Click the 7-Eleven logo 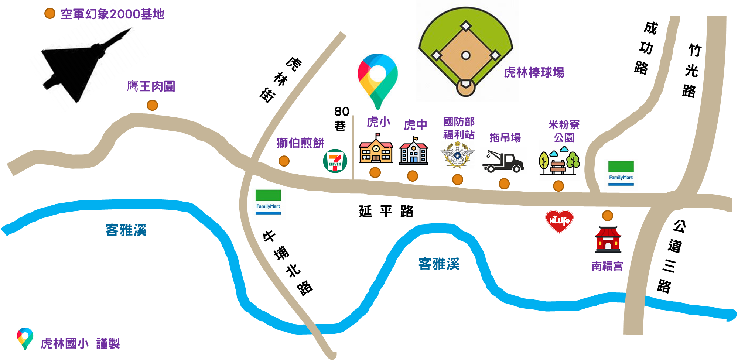coord(335,161)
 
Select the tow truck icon coord(503,161)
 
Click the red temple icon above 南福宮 coord(608,239)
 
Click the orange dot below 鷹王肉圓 coord(152,105)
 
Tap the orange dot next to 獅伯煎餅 coord(284,161)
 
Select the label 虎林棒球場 coord(534,72)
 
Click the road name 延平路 coord(386,211)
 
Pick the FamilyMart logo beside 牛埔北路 coord(268,202)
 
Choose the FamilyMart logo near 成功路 coord(621,173)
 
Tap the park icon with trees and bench coord(559,161)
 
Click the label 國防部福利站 coord(459,128)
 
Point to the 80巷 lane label coord(341,119)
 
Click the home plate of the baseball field coord(466,84)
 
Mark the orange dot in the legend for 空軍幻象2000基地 coord(50,14)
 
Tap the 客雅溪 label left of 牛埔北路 coord(126,230)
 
